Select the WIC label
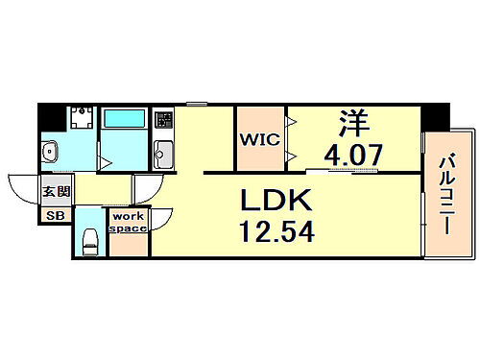[260, 138]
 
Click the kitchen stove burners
[163, 122]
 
